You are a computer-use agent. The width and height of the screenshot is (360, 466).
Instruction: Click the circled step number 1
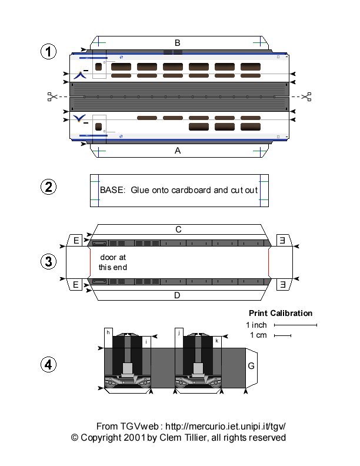[48, 52]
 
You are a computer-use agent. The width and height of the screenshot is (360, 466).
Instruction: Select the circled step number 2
[48, 188]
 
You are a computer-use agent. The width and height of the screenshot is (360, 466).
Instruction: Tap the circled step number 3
[48, 261]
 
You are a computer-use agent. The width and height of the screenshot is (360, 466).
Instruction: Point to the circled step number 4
[48, 365]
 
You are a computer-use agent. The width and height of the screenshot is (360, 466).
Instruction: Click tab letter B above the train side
[178, 42]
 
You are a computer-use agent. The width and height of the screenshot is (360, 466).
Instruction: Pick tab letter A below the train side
[178, 151]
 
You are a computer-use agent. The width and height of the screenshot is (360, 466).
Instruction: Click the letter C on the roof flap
[178, 229]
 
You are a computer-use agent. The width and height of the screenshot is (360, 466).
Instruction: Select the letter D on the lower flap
[178, 295]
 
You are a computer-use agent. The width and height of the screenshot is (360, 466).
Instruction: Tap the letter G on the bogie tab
[251, 366]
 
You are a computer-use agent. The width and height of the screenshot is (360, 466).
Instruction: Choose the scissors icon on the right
[305, 96]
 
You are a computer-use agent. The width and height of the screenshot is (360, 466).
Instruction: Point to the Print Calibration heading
[281, 313]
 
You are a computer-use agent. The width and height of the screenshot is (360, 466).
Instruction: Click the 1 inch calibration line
[295, 325]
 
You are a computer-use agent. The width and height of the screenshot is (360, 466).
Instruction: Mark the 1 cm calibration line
[282, 336]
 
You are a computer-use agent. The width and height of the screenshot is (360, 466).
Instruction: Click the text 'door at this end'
[112, 262]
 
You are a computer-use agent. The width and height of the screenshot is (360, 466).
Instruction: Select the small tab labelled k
[217, 341]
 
